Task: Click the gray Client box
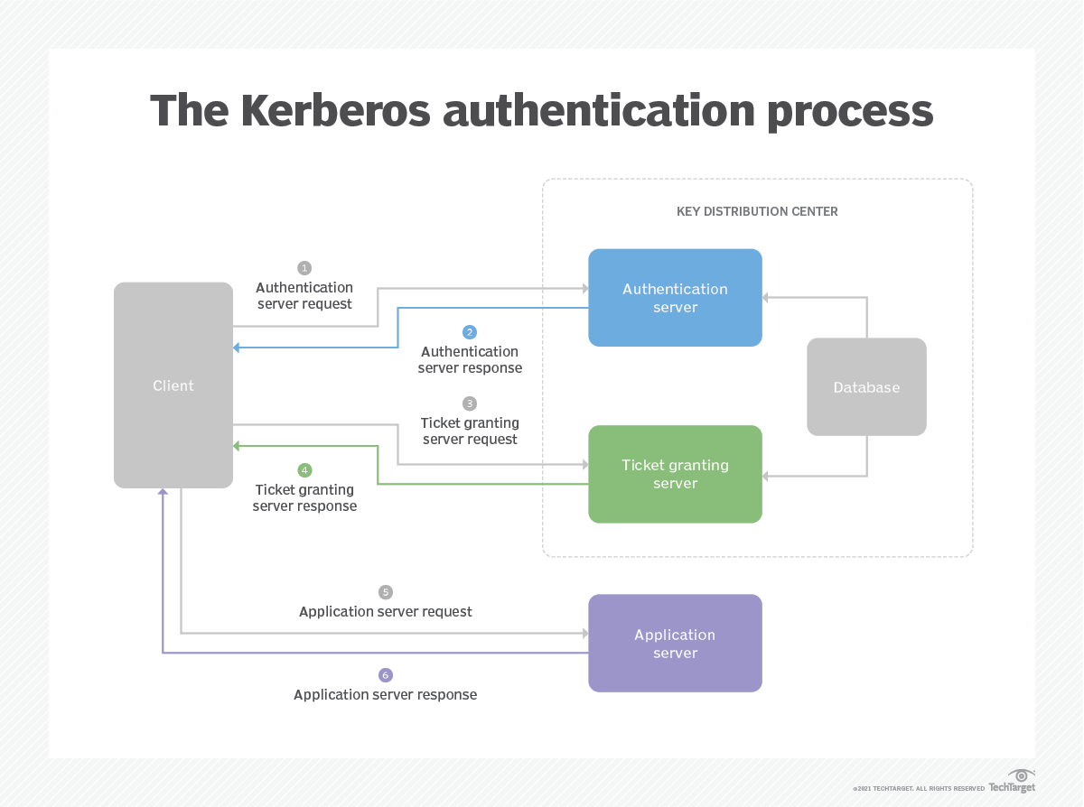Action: click(173, 385)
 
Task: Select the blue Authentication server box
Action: click(675, 298)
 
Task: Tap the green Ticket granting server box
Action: click(675, 474)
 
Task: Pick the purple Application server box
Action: click(675, 644)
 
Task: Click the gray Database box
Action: click(866, 387)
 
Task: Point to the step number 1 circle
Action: click(304, 268)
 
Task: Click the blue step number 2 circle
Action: click(470, 332)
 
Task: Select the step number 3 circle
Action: click(470, 403)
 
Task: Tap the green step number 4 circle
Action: click(304, 470)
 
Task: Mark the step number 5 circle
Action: click(386, 592)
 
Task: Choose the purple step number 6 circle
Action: click(386, 675)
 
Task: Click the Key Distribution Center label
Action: click(757, 211)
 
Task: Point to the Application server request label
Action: click(386, 612)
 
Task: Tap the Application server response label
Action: click(386, 695)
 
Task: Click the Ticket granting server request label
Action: click(470, 431)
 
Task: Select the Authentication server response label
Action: click(470, 360)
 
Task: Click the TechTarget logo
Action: click(1013, 782)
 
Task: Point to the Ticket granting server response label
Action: click(304, 498)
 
